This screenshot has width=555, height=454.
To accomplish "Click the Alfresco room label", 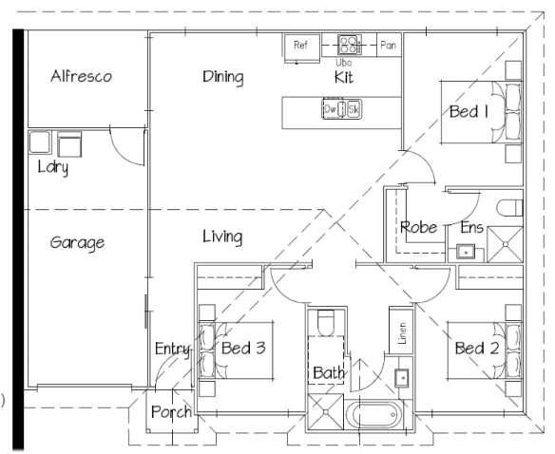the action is coord(81,76).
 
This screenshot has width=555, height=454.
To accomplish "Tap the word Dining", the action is coord(223,77).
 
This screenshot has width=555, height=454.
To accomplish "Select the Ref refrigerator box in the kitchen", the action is coord(302,48).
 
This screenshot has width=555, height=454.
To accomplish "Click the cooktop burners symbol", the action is coord(350,45).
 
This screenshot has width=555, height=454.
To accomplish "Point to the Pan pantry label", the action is coord(388,45).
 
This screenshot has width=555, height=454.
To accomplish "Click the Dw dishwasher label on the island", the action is coord(330,109).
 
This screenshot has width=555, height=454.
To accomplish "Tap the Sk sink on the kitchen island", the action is coord(354,109).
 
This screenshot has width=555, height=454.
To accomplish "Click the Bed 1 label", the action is coord(469,111).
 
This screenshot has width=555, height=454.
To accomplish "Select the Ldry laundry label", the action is coord(53,167).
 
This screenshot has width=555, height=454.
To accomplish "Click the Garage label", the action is coord(78,243).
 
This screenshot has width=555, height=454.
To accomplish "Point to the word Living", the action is coord(222,236).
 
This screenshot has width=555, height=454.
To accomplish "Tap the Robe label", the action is coord(419,227).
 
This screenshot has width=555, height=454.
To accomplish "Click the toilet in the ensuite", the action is coord(509,208).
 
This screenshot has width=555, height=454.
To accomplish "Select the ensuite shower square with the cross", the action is coord(505,244).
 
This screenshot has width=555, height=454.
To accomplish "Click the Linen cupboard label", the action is coord(402,333).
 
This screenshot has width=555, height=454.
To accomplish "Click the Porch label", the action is coord(171,412).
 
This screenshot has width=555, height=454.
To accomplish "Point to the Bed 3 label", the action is coord(243,348).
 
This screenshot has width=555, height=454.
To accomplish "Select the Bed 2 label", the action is coord(477,349).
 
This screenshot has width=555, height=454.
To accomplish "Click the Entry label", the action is coord(173,350).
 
